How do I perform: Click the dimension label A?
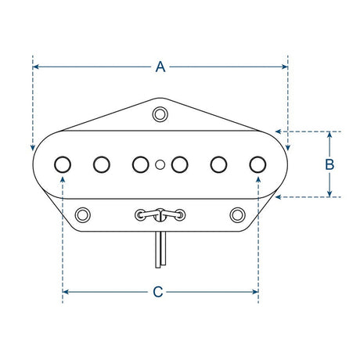(160, 67)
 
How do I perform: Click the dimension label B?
(329, 164)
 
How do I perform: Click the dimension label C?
(158, 292)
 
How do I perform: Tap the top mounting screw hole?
(160, 114)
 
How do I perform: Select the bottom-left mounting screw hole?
(83, 213)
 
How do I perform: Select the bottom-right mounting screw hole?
(238, 213)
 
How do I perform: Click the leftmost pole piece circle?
(63, 164)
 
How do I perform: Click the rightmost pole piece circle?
(257, 164)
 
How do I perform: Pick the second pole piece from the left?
(102, 164)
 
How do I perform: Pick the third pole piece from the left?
(140, 164)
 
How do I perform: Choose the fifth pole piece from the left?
(219, 164)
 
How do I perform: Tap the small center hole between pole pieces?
(160, 164)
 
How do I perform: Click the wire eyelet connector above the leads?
(160, 213)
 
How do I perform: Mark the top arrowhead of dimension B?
(329, 135)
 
